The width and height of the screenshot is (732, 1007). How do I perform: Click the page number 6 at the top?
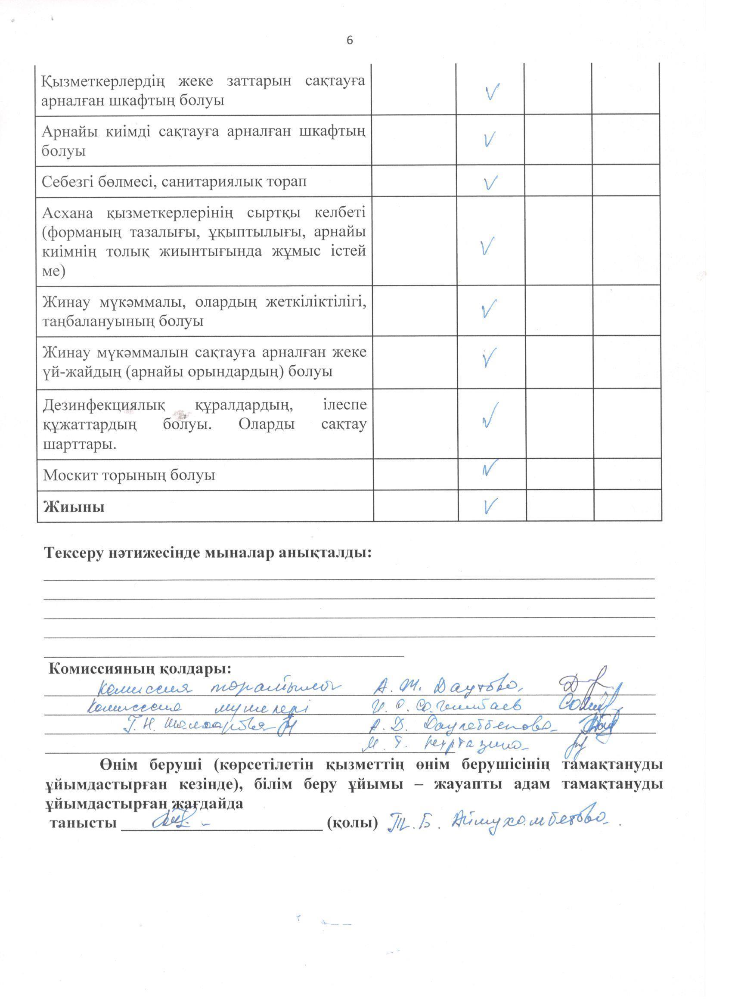pos(349,40)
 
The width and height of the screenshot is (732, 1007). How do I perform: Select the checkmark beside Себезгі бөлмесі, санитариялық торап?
pos(490,183)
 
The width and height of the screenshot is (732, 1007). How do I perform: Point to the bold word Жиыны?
pos(74,507)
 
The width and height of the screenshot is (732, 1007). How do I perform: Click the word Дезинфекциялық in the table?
pos(104,405)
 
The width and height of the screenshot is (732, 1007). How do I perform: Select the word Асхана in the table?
pos(68,214)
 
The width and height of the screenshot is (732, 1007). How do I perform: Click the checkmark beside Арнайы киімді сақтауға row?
pos(490,140)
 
